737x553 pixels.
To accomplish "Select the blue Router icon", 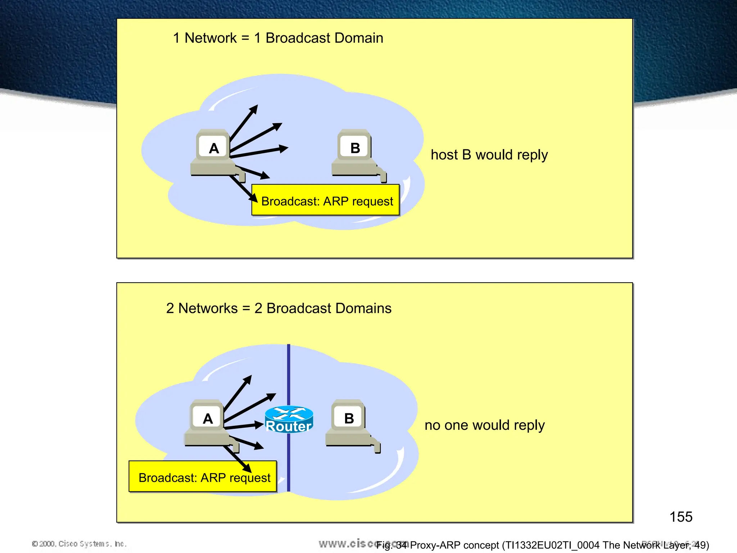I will (289, 419).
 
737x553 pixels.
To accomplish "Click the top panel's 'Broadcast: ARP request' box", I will (326, 200).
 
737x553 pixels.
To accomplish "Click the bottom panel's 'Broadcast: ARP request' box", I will (203, 477).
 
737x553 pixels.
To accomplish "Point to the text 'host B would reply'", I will (489, 155).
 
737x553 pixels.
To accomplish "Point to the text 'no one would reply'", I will (484, 425).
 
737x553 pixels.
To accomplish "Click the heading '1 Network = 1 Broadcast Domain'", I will (278, 38).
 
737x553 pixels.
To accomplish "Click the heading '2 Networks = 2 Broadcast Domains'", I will (279, 308).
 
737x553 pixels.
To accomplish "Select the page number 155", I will (681, 517).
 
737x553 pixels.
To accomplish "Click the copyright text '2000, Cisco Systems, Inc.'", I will (80, 544).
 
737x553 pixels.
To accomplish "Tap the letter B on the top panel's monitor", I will (355, 148).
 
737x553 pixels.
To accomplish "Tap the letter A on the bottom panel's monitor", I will (208, 418).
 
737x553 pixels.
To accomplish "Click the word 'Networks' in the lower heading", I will (208, 308).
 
